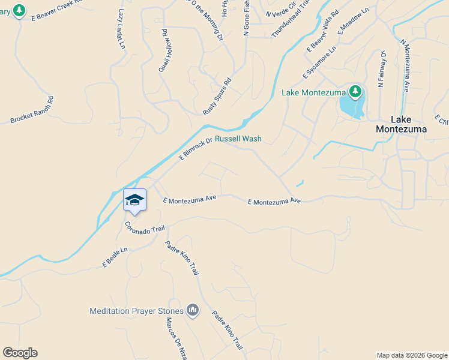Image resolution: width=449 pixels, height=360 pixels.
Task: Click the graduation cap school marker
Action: click(x=134, y=200)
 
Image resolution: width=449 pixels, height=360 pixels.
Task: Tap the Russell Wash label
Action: click(x=238, y=139)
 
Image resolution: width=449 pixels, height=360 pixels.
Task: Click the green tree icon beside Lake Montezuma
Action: click(x=356, y=92)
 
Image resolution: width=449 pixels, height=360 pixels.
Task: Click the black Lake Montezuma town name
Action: click(x=402, y=124)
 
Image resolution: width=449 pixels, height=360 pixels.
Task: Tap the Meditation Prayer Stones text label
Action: click(x=136, y=311)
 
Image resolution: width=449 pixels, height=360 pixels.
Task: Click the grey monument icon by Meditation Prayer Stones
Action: click(x=193, y=310)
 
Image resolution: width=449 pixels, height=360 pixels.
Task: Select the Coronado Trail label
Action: click(x=144, y=228)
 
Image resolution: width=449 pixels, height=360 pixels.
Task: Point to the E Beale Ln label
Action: click(x=115, y=257)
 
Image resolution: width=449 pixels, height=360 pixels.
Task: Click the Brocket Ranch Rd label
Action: click(x=32, y=110)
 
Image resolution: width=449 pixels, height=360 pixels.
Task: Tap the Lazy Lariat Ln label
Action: click(x=122, y=29)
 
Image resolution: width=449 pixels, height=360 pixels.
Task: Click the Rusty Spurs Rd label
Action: click(x=217, y=96)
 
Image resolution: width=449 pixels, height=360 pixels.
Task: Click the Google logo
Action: click(x=20, y=353)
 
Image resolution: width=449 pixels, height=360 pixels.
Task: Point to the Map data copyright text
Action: click(x=412, y=355)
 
